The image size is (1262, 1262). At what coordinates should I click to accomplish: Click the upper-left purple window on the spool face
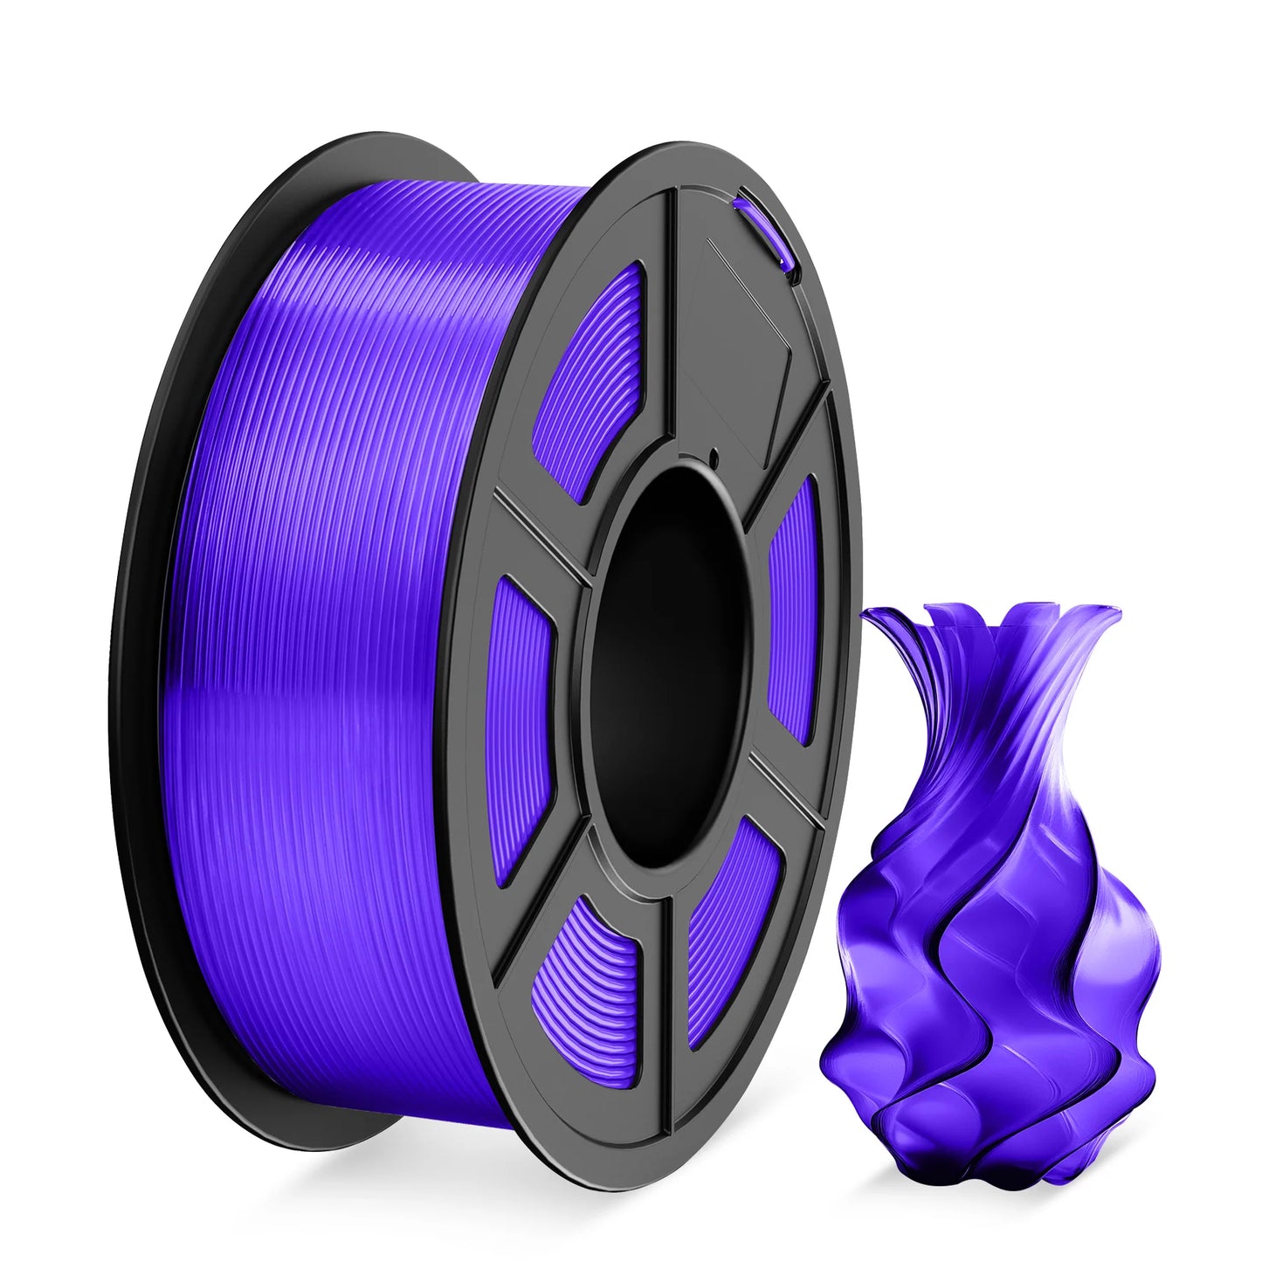pos(594,376)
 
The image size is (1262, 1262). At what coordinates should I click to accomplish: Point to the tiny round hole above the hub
pos(713,454)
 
